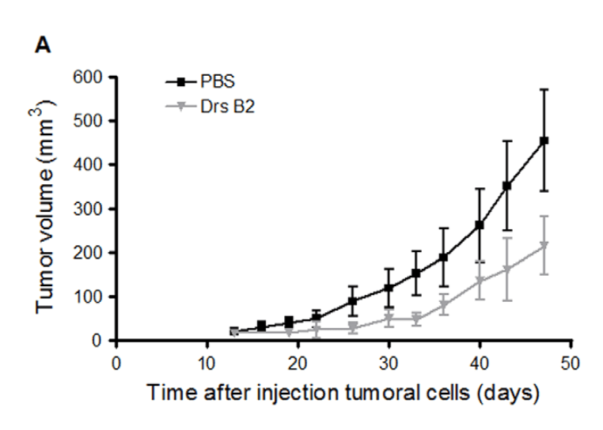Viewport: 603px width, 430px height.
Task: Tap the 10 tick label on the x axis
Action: (x=207, y=363)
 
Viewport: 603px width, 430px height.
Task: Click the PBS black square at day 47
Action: (x=544, y=141)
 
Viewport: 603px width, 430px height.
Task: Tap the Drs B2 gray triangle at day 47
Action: (x=544, y=247)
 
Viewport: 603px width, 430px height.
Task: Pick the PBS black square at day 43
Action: (x=507, y=186)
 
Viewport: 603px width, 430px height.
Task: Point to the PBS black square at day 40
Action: (x=480, y=225)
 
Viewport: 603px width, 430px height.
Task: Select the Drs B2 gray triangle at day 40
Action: (x=480, y=281)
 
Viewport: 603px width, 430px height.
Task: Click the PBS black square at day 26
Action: (x=353, y=301)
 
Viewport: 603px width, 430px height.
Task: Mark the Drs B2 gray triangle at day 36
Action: (x=444, y=305)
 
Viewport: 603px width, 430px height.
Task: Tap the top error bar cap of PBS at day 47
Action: (x=544, y=89)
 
